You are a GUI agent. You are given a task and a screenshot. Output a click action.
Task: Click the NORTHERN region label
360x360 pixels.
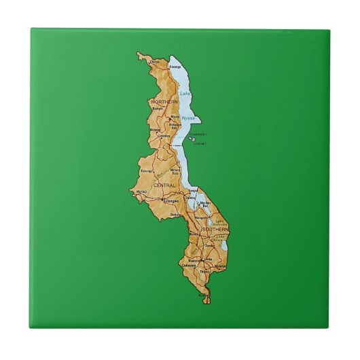[x=165, y=102]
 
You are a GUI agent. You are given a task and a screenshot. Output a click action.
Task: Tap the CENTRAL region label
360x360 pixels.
[x=164, y=185]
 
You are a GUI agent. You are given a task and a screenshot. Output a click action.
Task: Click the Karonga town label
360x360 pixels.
[x=175, y=67]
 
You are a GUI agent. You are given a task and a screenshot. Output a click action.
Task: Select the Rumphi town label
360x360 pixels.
[x=158, y=108]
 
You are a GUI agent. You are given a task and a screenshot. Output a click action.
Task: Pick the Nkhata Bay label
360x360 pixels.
[x=175, y=126]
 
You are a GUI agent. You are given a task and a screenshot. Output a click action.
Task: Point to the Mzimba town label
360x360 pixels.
[x=154, y=129]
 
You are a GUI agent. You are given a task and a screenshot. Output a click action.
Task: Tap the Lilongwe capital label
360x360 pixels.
[x=170, y=202]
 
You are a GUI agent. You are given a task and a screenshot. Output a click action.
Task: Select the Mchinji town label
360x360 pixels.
[x=142, y=192]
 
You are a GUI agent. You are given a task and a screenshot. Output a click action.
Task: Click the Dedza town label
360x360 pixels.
[x=175, y=215]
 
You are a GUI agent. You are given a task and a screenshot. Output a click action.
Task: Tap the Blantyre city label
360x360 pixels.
[x=194, y=260]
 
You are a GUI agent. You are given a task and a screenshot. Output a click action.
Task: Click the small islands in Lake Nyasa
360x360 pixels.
[x=196, y=138]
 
